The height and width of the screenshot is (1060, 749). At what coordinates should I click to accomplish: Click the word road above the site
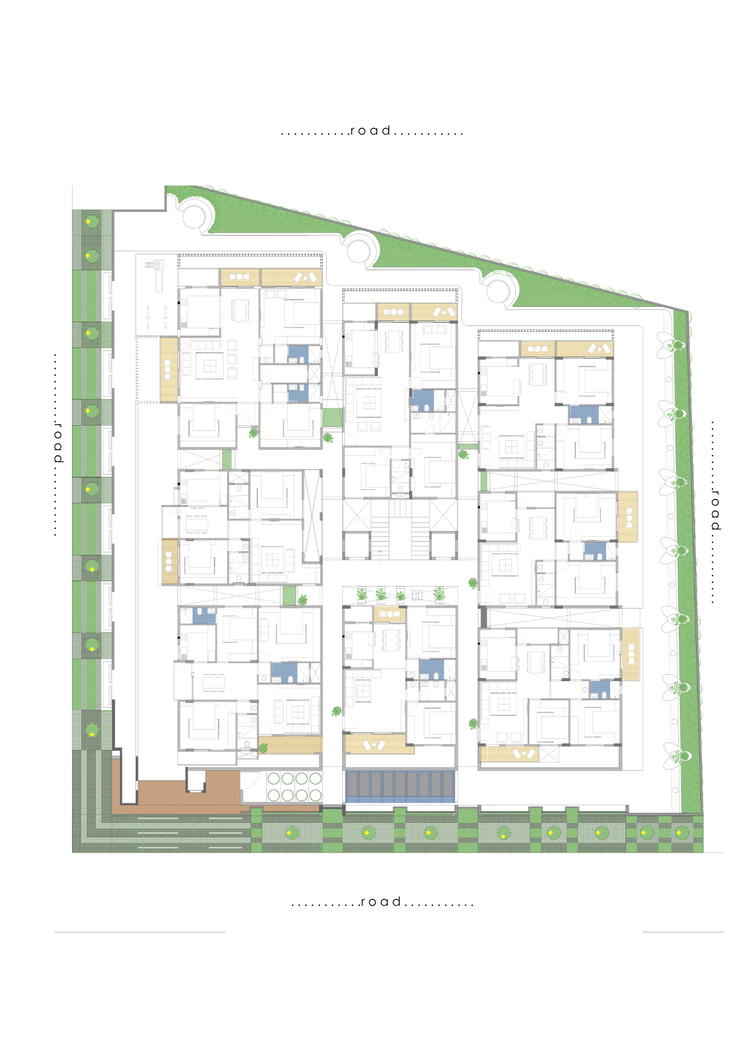(370, 130)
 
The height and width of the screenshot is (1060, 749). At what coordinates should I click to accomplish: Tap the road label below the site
(380, 902)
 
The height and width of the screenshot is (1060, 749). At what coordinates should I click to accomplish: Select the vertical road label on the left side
(58, 443)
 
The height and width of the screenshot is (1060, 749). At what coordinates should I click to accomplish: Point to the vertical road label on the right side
(715, 510)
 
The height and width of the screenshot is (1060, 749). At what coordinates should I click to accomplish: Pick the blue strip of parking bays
(400, 787)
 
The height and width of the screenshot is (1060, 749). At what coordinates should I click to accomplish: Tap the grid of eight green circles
(295, 787)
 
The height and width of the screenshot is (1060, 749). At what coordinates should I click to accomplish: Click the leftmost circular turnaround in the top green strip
(194, 216)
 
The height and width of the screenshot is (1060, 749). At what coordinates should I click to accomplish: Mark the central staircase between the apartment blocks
(400, 530)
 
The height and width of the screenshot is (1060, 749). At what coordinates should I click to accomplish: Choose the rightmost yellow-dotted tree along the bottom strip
(680, 833)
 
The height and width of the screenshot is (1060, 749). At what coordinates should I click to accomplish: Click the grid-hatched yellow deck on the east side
(630, 655)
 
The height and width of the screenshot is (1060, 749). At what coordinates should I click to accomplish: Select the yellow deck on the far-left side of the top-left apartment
(169, 369)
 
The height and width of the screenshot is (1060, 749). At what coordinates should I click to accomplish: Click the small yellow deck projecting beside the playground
(170, 562)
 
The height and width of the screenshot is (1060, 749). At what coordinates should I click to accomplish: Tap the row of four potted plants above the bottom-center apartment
(400, 595)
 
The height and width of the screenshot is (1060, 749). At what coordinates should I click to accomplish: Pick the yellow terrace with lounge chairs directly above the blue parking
(378, 744)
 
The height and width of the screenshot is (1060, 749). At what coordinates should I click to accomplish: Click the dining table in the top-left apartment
(240, 311)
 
